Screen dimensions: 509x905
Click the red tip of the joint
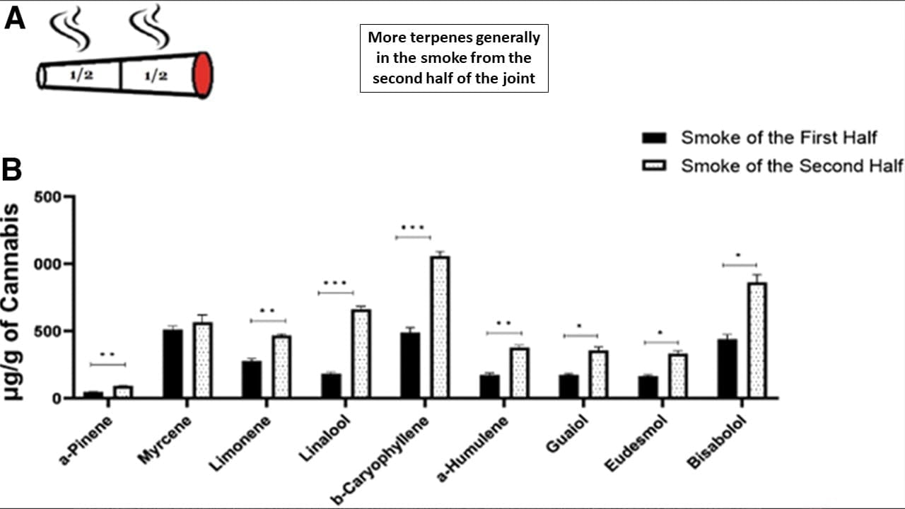pos(203,74)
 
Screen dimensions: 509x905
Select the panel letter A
pos(15,18)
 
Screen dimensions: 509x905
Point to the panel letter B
pos(12,170)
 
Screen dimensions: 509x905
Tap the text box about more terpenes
pos(454,58)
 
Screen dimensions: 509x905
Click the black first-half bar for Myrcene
pos(173,363)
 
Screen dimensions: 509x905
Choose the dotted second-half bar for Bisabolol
pos(757,340)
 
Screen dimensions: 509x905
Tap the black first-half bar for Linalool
pos(331,385)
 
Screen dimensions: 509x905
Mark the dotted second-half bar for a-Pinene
pos(123,392)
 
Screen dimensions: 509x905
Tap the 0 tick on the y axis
pos(57,399)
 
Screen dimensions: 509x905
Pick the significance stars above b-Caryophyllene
pos(412,228)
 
